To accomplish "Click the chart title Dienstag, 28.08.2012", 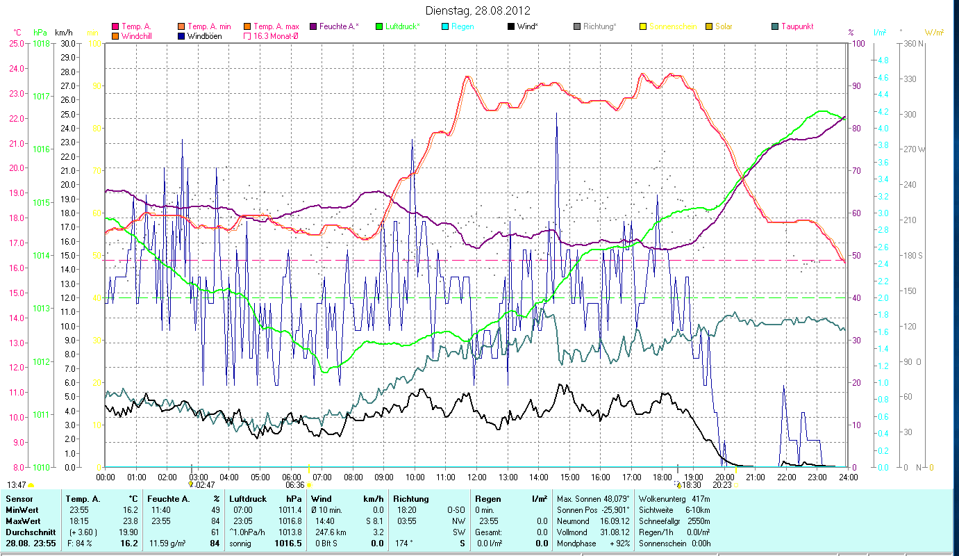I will click(x=478, y=11).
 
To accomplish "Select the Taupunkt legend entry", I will click(x=797, y=26).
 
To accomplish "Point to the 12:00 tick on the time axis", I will click(x=477, y=477).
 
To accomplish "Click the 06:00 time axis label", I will click(x=291, y=477).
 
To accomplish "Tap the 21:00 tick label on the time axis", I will click(x=756, y=477).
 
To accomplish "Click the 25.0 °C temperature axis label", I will click(x=16, y=43).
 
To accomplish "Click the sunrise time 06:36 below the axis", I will click(x=295, y=485).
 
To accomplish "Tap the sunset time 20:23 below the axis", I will click(x=722, y=485).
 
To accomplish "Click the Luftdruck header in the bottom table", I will click(x=247, y=499).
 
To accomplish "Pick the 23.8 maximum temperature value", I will click(x=128, y=521).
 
